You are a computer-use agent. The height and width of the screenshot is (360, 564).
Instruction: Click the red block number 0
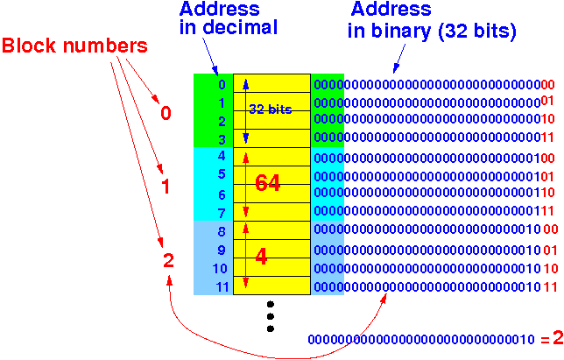(166, 113)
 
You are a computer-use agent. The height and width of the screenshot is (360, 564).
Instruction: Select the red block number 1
(166, 186)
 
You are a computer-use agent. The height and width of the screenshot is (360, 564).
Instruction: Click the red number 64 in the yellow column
(267, 184)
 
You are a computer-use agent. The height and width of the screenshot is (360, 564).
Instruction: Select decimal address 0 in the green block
(221, 85)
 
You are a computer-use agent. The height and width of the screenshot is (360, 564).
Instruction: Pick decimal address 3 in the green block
(221, 138)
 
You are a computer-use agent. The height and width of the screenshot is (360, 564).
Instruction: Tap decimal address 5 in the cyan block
(221, 174)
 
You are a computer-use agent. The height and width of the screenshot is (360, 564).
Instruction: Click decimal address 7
(221, 213)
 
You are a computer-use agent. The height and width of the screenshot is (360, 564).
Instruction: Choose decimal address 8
(221, 231)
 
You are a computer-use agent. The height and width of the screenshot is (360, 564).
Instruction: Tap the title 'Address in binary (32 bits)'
(433, 19)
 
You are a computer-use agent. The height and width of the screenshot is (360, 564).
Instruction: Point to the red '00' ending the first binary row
(547, 85)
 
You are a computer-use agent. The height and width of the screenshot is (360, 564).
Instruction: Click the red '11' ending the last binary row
(550, 286)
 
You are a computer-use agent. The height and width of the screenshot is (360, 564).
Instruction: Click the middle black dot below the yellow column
(270, 316)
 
